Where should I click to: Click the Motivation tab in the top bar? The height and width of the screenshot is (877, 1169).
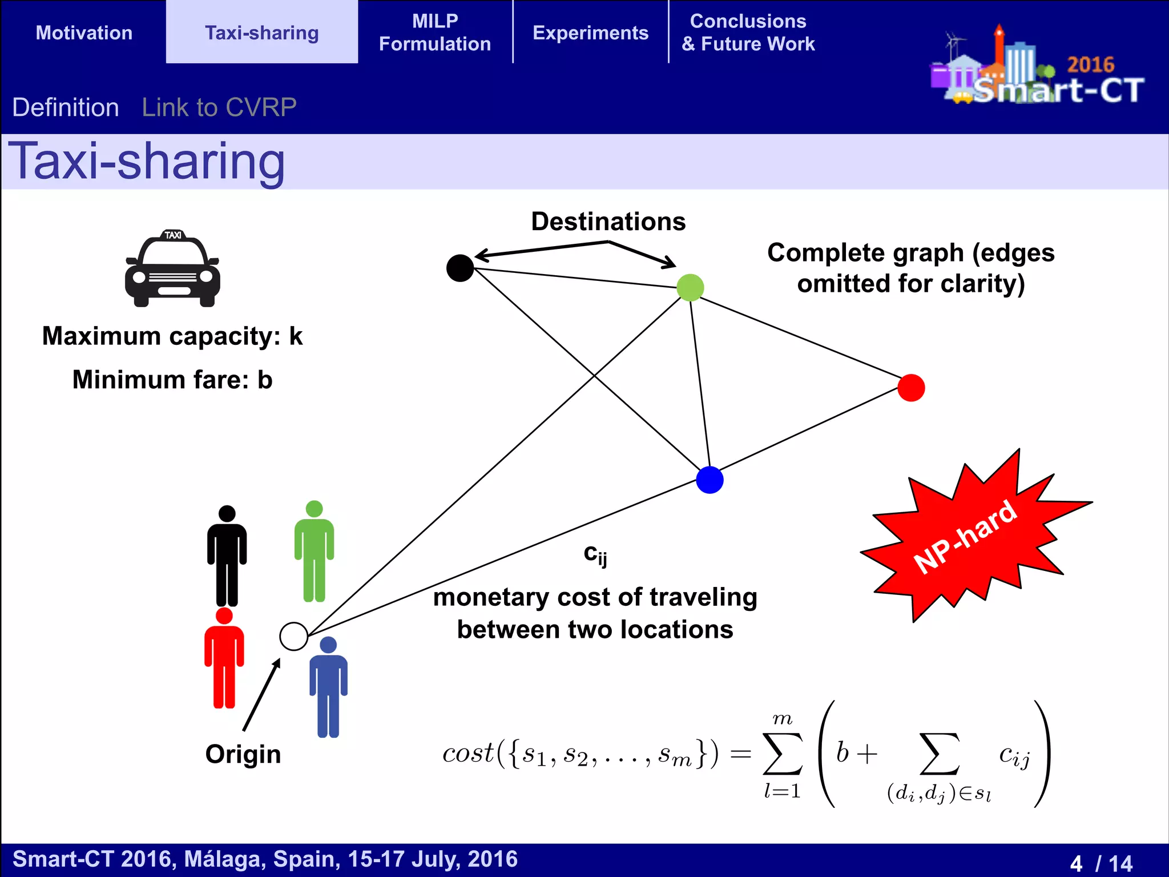84,33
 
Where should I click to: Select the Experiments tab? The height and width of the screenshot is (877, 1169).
590,33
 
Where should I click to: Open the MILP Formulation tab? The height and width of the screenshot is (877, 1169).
435,33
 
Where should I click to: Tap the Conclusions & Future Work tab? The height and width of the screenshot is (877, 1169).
748,33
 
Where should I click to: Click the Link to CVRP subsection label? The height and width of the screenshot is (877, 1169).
219,107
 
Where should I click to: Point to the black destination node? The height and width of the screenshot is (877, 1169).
460,268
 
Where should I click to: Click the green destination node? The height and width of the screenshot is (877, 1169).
690,287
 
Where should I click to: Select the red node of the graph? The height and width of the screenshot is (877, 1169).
911,388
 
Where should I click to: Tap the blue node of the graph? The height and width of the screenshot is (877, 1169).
710,480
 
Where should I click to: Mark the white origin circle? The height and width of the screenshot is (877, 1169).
294,636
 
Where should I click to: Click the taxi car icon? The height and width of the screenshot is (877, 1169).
172,269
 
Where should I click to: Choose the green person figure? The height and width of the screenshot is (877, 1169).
314,551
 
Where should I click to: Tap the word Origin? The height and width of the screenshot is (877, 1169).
243,754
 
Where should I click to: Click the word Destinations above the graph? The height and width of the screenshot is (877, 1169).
608,222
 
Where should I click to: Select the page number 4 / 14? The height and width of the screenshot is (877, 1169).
1101,863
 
